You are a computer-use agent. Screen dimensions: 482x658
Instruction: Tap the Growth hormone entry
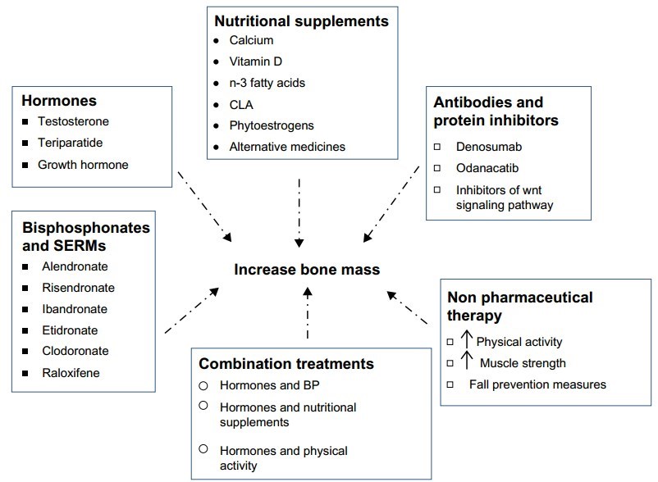(83, 164)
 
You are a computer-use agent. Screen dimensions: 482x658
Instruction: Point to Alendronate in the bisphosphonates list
(74, 266)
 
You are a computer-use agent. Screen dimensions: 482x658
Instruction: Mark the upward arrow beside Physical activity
(466, 340)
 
